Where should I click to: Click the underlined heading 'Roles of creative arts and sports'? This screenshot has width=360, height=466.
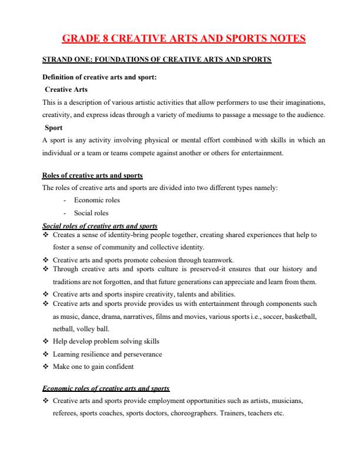93,176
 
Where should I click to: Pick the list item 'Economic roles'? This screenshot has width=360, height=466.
97,201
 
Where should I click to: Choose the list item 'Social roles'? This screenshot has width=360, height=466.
91,213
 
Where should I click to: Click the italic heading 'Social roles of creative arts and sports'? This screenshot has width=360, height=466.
100,225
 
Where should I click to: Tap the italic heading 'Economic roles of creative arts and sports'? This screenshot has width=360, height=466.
106,388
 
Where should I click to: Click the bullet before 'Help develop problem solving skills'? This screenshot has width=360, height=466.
46,341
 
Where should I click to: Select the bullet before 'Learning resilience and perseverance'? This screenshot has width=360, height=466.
46,354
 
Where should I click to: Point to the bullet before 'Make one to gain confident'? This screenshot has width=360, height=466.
46,367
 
